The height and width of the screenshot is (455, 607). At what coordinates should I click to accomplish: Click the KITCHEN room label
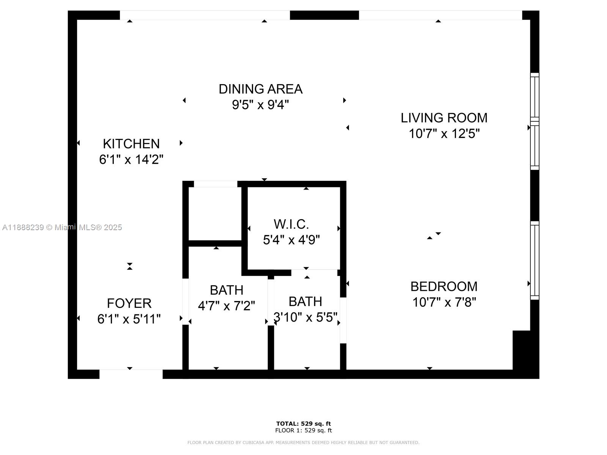tap(131, 144)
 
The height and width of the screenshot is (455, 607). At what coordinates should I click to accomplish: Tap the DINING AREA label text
tap(261, 89)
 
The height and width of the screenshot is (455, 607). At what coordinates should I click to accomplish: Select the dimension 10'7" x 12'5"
tap(444, 134)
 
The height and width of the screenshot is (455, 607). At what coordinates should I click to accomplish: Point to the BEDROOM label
tap(444, 286)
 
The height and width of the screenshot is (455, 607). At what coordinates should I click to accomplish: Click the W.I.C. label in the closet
tap(291, 224)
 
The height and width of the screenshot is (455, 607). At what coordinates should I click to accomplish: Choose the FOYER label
tap(129, 303)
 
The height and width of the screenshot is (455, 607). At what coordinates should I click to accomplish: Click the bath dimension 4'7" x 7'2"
tap(226, 306)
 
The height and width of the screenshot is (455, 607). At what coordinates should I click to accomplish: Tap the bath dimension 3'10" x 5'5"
tap(305, 317)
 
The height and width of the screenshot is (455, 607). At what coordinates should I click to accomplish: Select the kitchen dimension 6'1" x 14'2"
tap(131, 160)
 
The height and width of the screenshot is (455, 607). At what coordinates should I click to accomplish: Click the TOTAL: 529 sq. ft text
tap(303, 424)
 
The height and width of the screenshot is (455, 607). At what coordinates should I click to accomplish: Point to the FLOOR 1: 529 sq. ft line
tap(303, 430)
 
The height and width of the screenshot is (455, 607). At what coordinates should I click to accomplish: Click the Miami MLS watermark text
tap(62, 227)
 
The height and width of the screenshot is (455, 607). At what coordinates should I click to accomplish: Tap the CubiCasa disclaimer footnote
tap(303, 442)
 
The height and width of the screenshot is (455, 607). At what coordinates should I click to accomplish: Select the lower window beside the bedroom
tap(534, 260)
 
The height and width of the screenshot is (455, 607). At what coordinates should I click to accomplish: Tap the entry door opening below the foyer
tap(131, 374)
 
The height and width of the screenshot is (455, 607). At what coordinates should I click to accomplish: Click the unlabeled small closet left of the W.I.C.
tap(215, 213)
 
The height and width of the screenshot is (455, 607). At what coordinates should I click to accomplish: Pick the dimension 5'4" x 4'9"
tap(291, 240)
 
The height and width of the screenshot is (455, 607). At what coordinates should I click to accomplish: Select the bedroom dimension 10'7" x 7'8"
tap(444, 302)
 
